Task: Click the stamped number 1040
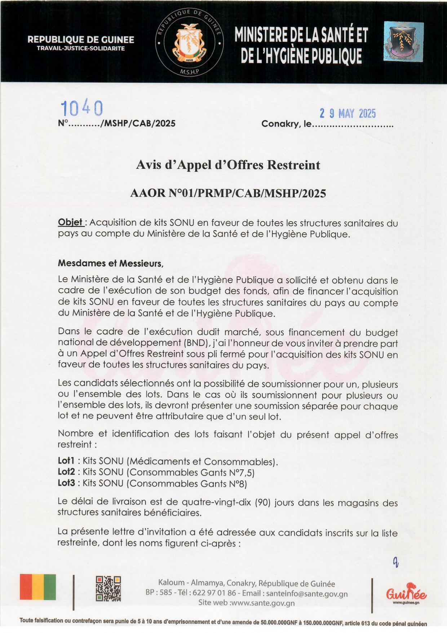tap(82, 108)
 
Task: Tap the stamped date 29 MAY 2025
tap(348, 114)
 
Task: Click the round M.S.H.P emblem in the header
tap(189, 43)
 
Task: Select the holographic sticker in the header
tap(403, 41)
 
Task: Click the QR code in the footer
tap(108, 589)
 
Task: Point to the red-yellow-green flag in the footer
tap(38, 587)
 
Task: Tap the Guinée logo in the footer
tap(406, 593)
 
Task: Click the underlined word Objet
tap(70, 222)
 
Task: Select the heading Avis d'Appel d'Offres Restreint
tap(228, 165)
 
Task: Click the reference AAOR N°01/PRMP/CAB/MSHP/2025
tap(228, 193)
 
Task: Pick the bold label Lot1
tap(66, 461)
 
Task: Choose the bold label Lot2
tap(66, 472)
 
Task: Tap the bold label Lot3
tap(66, 483)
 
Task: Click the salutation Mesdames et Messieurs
tap(111, 263)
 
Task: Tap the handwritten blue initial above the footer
tap(395, 562)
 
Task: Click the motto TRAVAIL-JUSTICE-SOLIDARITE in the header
tap(81, 49)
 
